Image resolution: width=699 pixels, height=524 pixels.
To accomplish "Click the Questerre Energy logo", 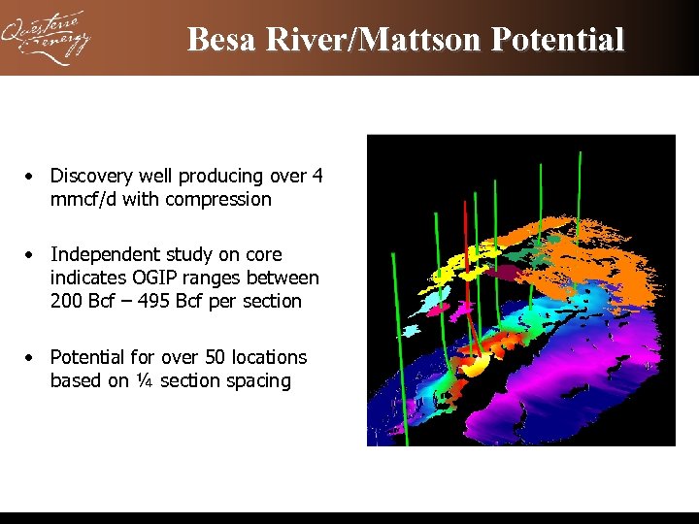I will click(46, 38).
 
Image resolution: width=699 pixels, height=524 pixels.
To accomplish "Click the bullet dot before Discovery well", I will click(32, 177).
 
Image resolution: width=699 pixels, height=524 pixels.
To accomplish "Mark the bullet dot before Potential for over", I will click(32, 358).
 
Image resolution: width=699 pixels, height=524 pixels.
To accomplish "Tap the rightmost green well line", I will click(580, 194).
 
